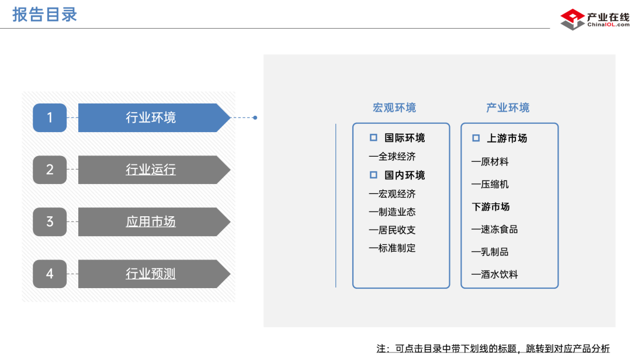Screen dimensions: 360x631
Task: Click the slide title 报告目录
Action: coord(45,14)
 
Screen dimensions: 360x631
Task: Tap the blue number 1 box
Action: coord(50,117)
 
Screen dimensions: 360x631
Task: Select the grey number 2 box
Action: coord(50,169)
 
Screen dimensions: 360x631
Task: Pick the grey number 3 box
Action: coord(50,221)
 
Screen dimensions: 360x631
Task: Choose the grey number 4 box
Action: coord(50,274)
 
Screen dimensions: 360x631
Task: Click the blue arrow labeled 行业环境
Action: coord(151,117)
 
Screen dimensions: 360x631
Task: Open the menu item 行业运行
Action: coord(151,169)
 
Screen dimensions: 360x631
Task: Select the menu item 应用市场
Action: coord(151,221)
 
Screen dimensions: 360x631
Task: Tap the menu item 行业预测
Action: coord(151,274)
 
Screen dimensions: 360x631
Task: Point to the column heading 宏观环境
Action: coord(394,108)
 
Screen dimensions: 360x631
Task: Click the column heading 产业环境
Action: coord(508,108)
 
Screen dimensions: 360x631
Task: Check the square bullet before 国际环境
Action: coord(373,138)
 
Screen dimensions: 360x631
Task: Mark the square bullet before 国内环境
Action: coord(373,175)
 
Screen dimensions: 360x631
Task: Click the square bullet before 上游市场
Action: coord(476,138)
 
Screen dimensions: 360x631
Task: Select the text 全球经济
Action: coord(397,157)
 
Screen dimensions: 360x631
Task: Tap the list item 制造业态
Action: coord(397,212)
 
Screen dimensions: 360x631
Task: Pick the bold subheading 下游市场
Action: coord(491,207)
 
